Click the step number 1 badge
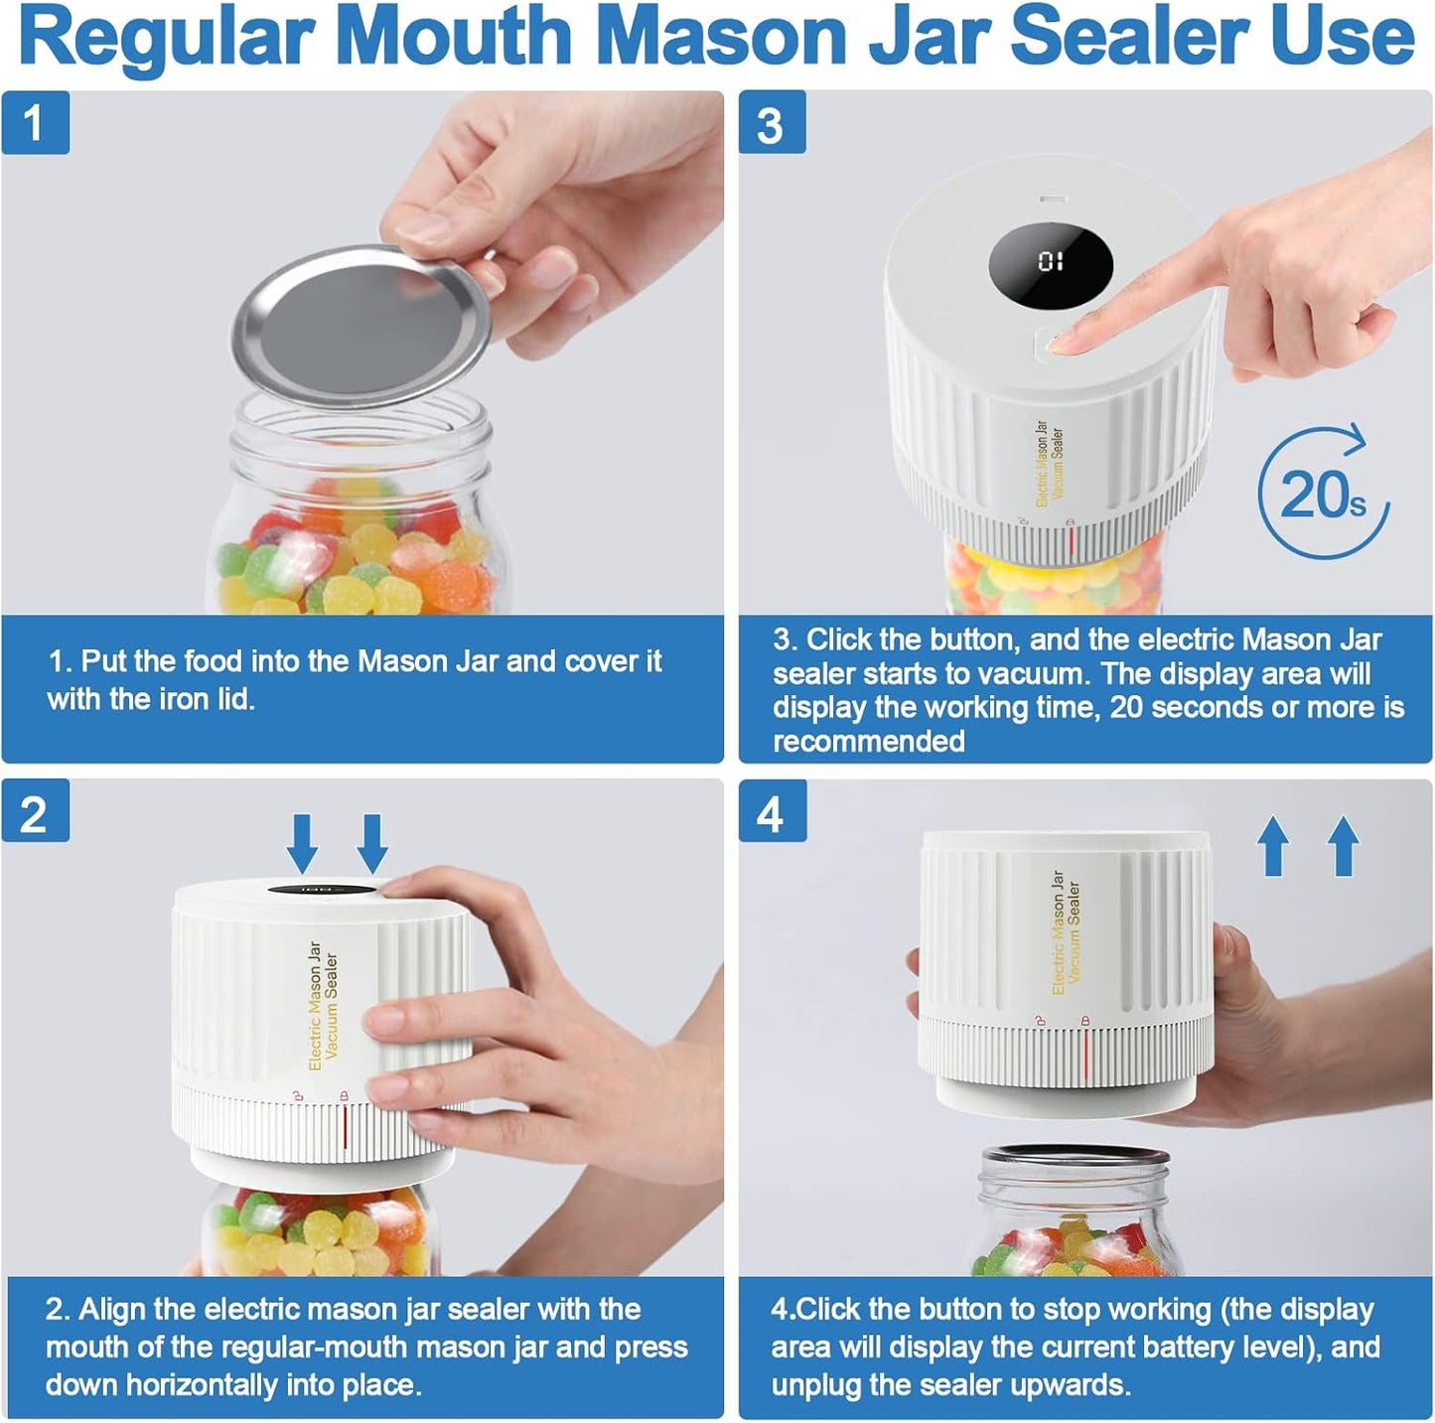tap(35, 123)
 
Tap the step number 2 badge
tap(35, 813)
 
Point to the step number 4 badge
tap(772, 813)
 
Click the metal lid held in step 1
tap(362, 328)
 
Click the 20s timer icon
tap(1323, 494)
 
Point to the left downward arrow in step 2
tap(303, 843)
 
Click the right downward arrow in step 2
tap(372, 843)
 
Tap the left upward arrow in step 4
tap(1273, 846)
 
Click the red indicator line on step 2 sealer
tap(345, 1126)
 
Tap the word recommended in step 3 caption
tap(869, 742)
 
